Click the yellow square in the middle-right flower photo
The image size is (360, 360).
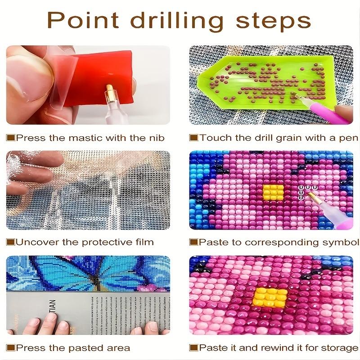(272, 191)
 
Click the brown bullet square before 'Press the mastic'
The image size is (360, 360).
(10, 138)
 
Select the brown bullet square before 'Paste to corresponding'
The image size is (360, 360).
(193, 242)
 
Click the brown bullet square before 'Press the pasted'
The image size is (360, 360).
(10, 347)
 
